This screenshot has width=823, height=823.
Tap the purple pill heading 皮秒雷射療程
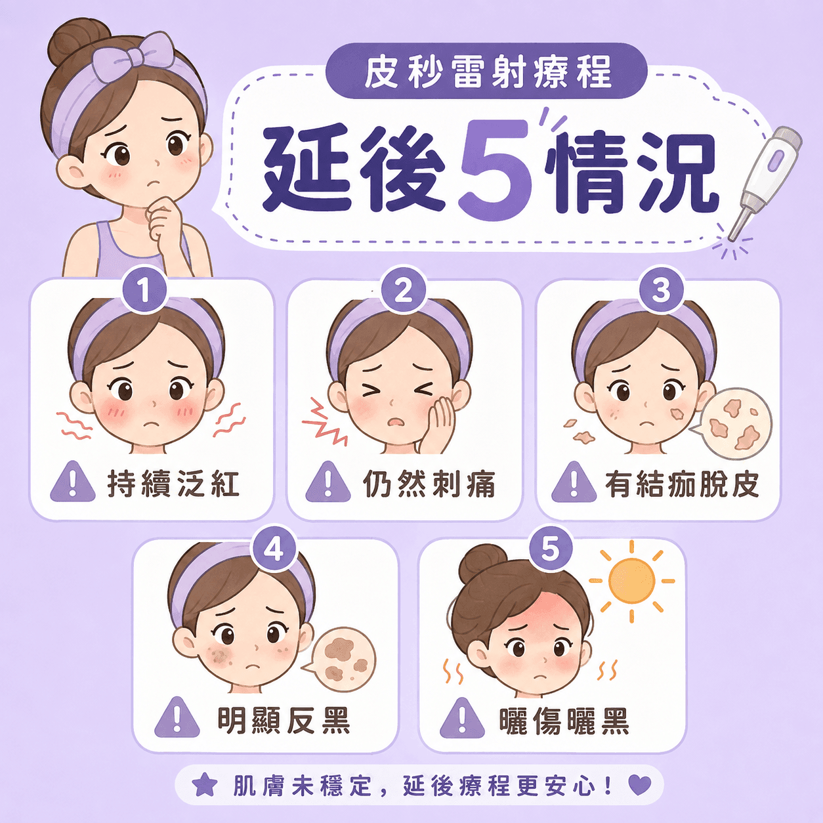point(486,72)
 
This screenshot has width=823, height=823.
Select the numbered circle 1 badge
point(144,291)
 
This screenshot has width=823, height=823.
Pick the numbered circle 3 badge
point(661,291)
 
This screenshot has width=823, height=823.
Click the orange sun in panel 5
point(631,581)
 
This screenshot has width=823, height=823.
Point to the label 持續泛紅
point(173,484)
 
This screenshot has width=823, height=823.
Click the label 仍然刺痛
point(429,484)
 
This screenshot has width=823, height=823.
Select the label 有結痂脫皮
point(682,484)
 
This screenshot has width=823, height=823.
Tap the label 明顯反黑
point(284,721)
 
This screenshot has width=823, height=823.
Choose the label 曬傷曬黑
point(564,721)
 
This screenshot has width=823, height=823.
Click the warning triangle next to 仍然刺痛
point(328,482)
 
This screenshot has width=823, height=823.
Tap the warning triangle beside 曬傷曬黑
point(462,719)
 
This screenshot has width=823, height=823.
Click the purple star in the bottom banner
point(205,784)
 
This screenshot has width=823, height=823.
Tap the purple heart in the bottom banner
point(640,785)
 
